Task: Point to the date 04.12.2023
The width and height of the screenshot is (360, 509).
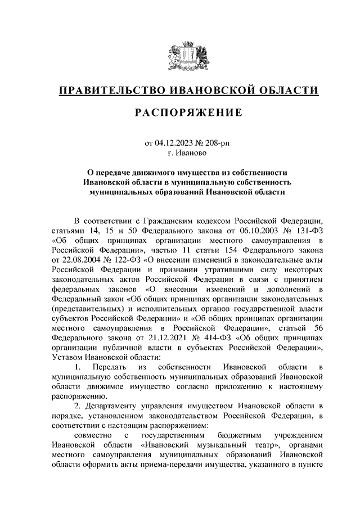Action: click(x=173, y=143)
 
